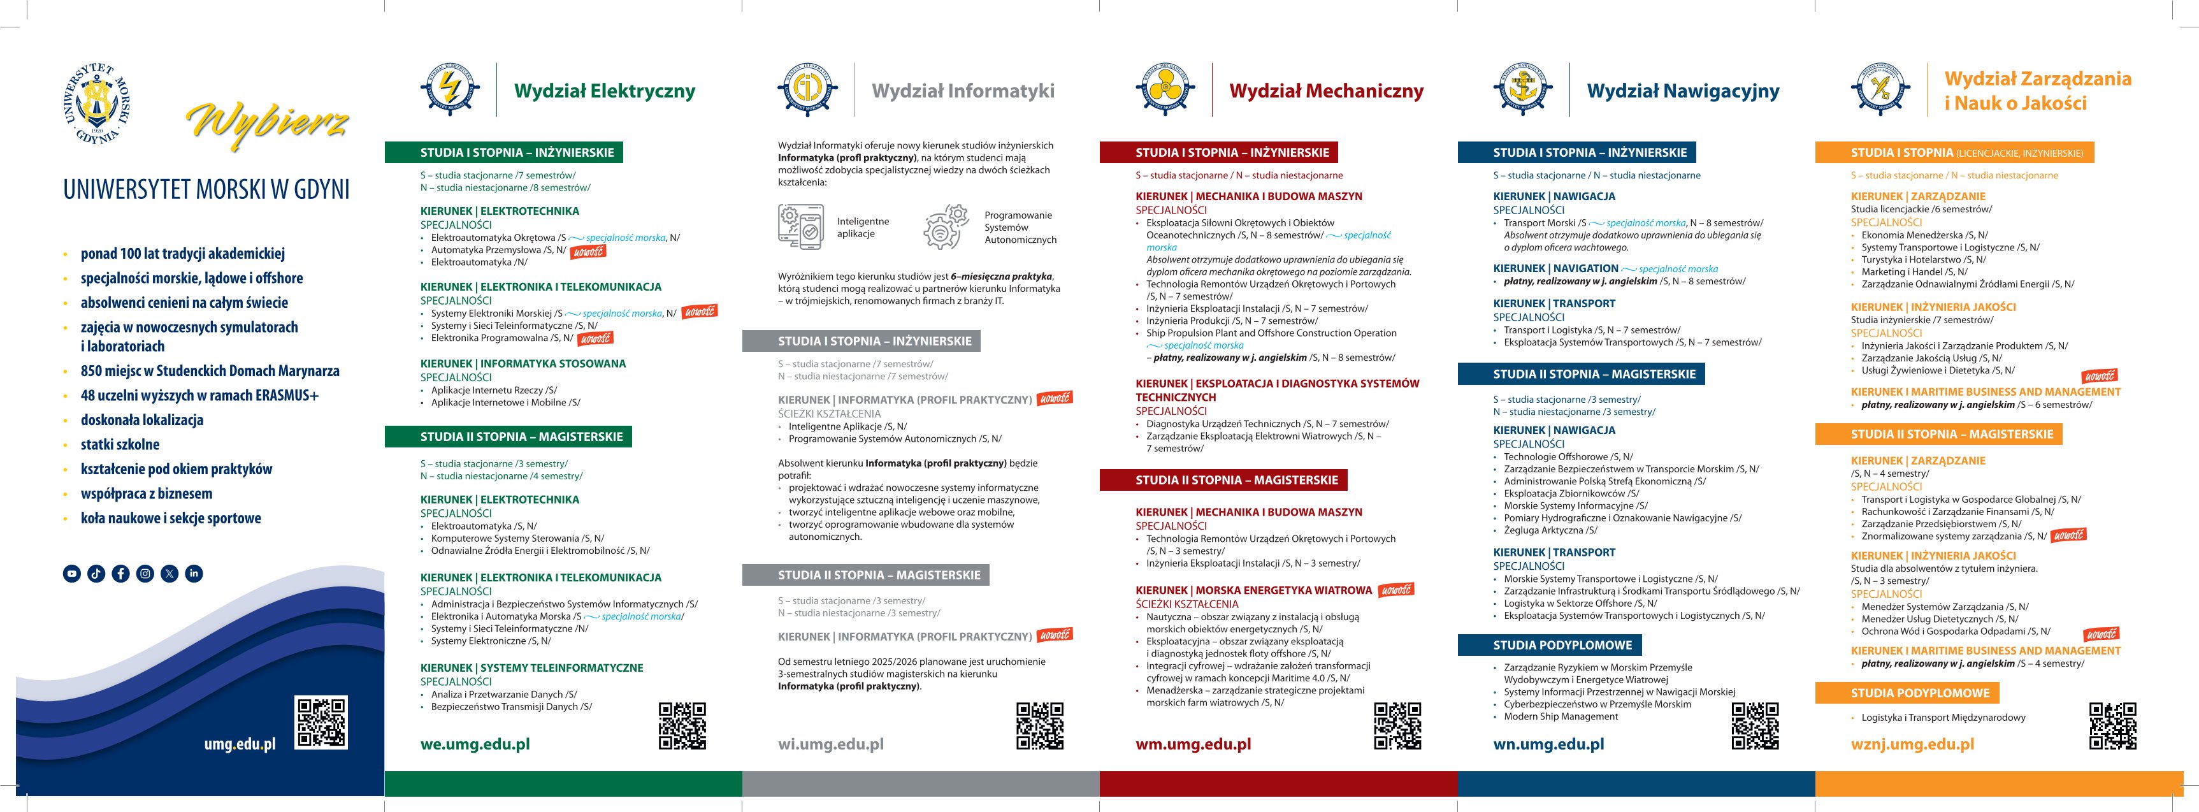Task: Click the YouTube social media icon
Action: [x=72, y=574]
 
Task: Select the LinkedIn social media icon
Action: [x=194, y=574]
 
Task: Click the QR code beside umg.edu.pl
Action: [x=321, y=722]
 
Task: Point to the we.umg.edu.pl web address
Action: [x=475, y=744]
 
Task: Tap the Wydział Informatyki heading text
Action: [x=962, y=91]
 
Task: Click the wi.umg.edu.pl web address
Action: [x=830, y=744]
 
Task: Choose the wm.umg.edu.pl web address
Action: [x=1193, y=744]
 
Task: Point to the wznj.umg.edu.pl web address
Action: [x=1912, y=744]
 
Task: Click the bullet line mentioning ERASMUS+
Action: [x=199, y=395]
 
